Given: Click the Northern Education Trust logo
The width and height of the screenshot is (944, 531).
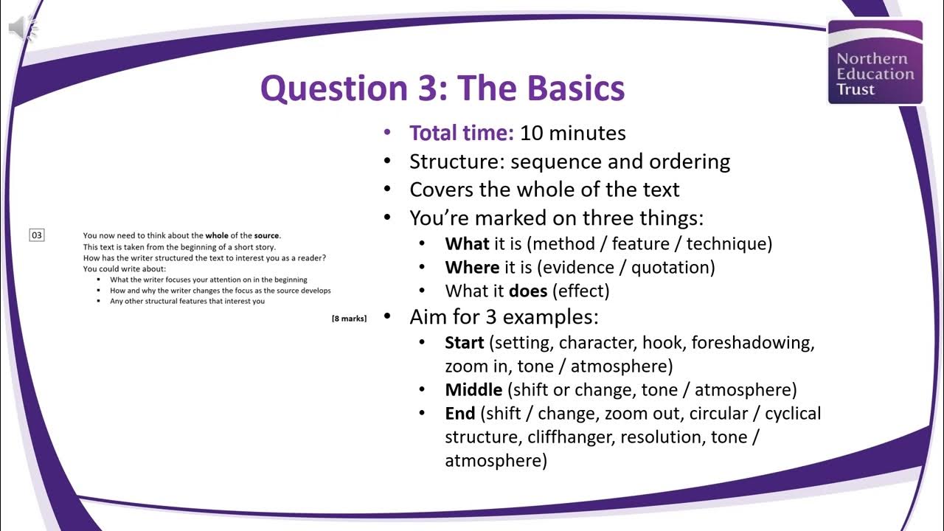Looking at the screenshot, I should (875, 62).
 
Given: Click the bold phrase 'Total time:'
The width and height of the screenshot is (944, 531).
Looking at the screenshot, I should (461, 133).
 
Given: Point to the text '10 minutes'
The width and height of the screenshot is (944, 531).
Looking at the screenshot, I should (573, 133).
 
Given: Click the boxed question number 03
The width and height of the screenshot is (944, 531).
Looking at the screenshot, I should (37, 235).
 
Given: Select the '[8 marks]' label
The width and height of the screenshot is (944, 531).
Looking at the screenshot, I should (349, 319).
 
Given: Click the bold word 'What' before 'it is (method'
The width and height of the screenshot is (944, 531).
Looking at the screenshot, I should (467, 243).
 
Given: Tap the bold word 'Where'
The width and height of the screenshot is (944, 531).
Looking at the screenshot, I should (472, 267).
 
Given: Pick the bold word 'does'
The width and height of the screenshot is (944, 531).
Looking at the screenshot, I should (527, 291).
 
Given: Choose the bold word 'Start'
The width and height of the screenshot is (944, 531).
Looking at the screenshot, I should (465, 343).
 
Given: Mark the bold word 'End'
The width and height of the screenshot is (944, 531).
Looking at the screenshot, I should (459, 413).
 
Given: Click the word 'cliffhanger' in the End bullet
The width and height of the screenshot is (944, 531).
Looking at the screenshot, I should (569, 437).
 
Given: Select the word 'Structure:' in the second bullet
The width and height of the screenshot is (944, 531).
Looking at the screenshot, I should (457, 161).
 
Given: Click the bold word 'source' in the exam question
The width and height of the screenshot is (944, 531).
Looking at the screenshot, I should (266, 235).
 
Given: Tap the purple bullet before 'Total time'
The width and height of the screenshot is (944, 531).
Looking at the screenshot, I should (388, 133).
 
